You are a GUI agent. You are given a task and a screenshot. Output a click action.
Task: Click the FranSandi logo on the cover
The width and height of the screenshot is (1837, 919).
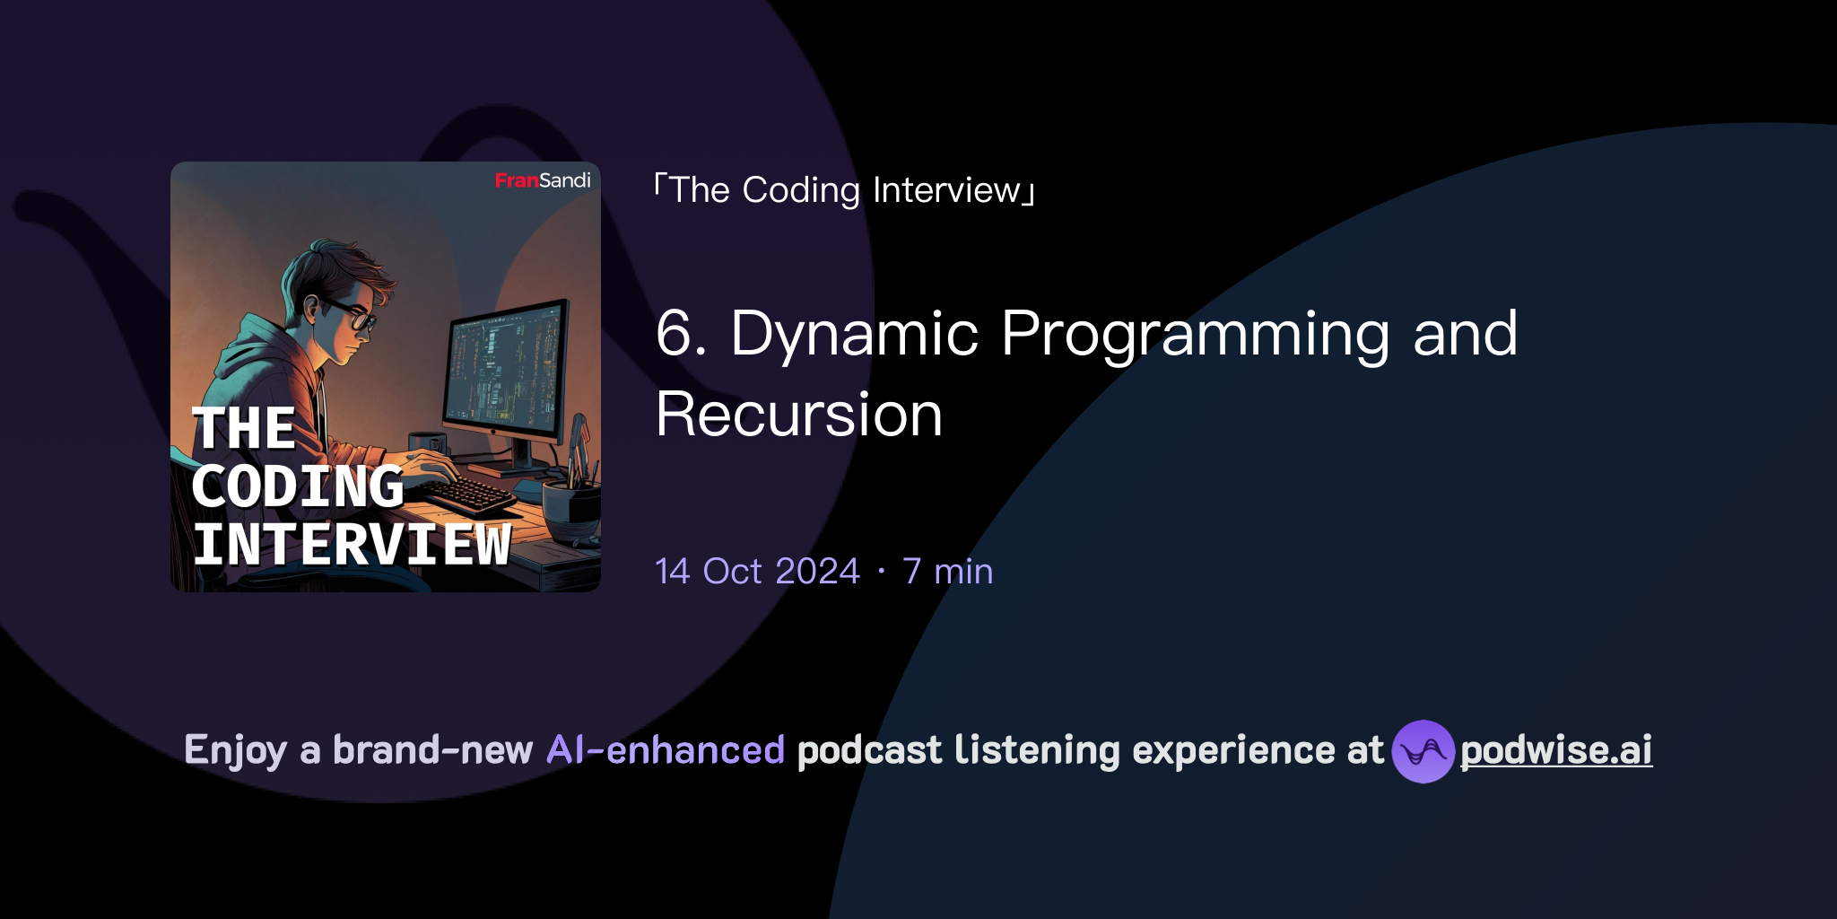(x=543, y=180)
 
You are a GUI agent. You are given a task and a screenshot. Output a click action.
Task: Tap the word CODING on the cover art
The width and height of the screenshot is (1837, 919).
(x=298, y=486)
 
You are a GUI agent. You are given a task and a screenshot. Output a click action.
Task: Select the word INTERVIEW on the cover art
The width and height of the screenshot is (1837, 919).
(x=352, y=544)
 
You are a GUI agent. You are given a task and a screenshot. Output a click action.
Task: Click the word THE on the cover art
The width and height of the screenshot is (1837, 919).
(x=244, y=428)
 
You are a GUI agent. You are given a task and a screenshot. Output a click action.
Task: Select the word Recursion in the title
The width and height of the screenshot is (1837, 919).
(x=799, y=415)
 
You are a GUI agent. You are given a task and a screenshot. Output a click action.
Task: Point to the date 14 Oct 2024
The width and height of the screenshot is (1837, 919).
(x=758, y=571)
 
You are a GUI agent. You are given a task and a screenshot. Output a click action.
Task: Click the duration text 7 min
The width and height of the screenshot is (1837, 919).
(x=948, y=571)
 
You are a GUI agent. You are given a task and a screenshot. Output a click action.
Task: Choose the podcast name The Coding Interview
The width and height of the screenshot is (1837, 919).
(x=845, y=190)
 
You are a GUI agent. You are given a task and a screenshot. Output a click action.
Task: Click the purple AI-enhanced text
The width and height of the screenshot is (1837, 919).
(x=666, y=750)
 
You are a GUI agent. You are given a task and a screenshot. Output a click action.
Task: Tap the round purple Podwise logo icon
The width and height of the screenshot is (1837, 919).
(x=1423, y=751)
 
